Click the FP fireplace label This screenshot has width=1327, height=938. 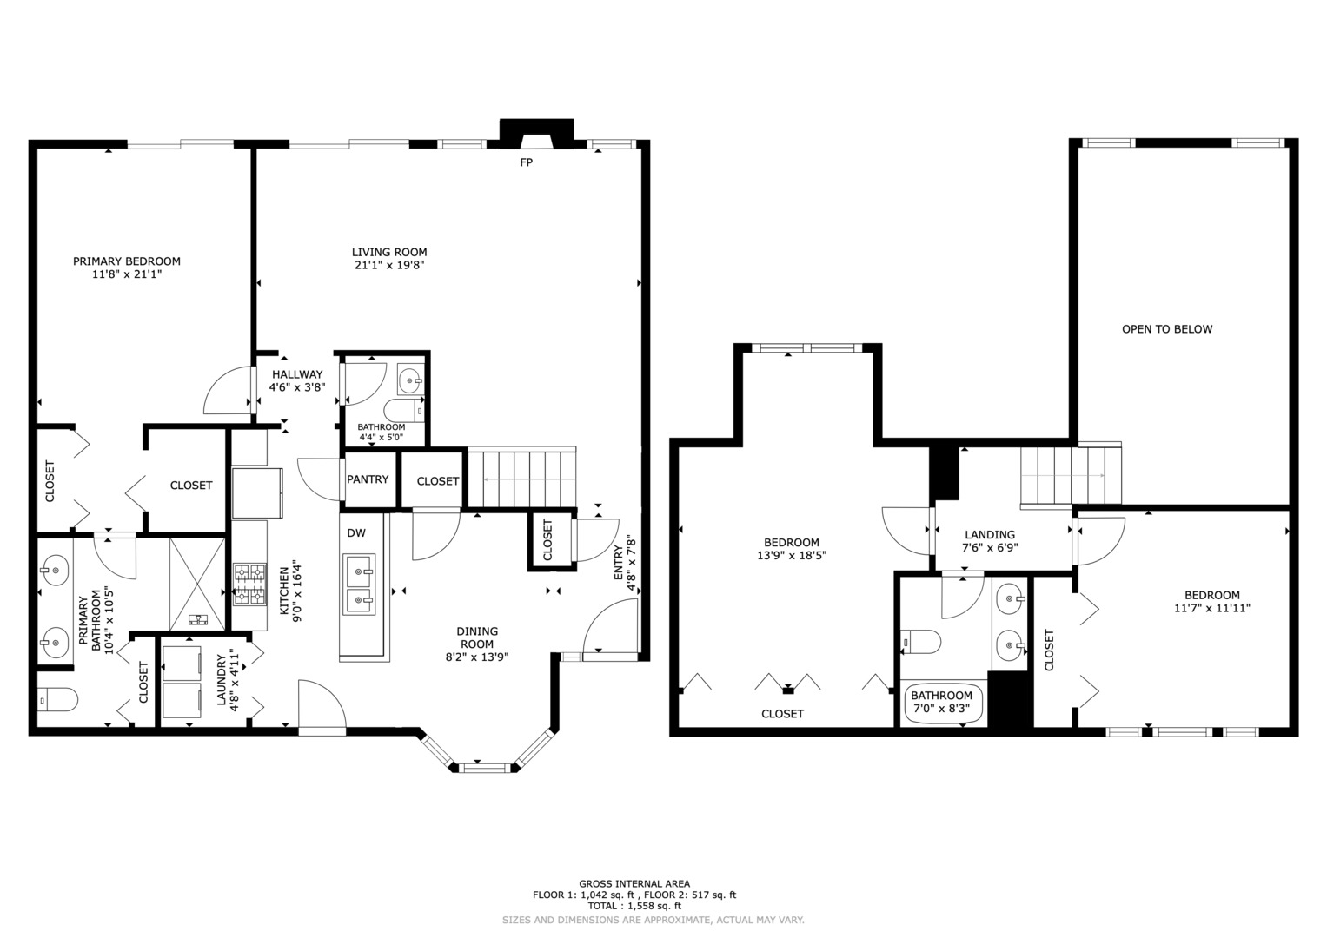pyautogui.click(x=526, y=162)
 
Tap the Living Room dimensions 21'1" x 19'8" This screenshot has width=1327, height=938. pyautogui.click(x=389, y=265)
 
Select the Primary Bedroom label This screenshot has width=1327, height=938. pyautogui.click(x=127, y=261)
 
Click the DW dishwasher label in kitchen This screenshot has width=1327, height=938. pyautogui.click(x=356, y=533)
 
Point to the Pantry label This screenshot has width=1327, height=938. pyautogui.click(x=368, y=479)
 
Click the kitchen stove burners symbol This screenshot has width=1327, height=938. pyautogui.click(x=249, y=585)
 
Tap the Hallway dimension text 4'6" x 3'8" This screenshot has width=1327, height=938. pyautogui.click(x=297, y=387)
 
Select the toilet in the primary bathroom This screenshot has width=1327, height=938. pyautogui.click(x=57, y=700)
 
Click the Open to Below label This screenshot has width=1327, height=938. pyautogui.click(x=1167, y=329)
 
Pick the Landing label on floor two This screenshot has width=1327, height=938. pyautogui.click(x=990, y=535)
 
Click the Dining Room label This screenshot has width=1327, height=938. pyautogui.click(x=477, y=637)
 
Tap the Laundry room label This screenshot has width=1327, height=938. pyautogui.click(x=222, y=680)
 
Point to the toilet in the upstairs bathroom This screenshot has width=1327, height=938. pyautogui.click(x=920, y=642)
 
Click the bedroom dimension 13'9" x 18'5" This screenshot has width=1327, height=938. pyautogui.click(x=792, y=556)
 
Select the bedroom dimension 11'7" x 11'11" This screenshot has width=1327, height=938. pyautogui.click(x=1212, y=608)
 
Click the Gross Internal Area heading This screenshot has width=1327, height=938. pyautogui.click(x=634, y=884)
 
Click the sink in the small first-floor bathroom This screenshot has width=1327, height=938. pyautogui.click(x=410, y=380)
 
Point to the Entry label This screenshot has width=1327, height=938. pyautogui.click(x=619, y=563)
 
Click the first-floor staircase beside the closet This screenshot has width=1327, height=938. pyautogui.click(x=522, y=479)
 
